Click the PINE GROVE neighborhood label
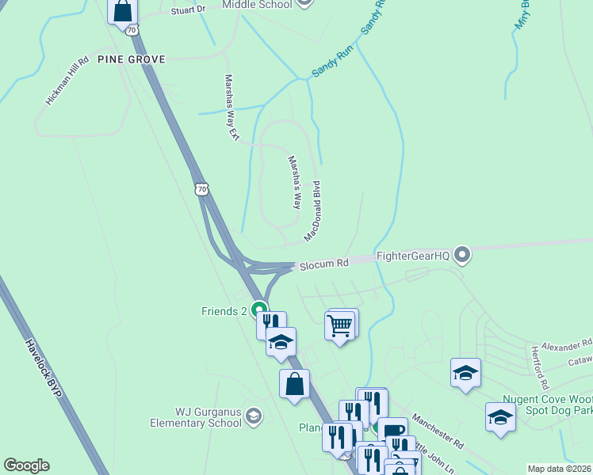pos(131,59)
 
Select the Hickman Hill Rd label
pos(67,81)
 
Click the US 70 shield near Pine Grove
pos(132,29)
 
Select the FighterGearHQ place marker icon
pos(464,255)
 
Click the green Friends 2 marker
pos(258,310)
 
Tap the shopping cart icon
pos(340,325)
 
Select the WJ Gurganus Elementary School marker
pos(253,416)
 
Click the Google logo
pos(26,465)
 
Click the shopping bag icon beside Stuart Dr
pos(123,11)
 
